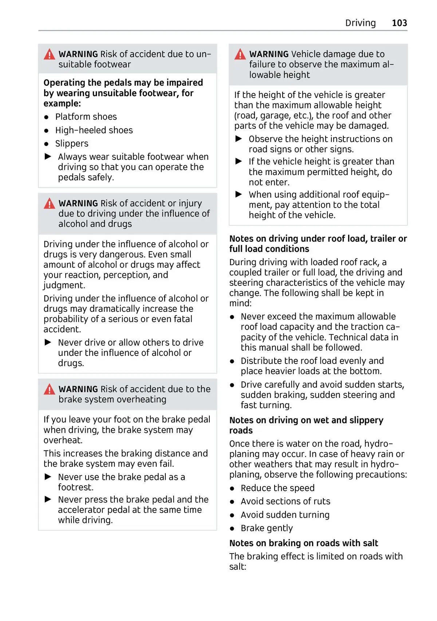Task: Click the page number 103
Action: [x=399, y=23]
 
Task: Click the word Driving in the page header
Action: [x=360, y=23]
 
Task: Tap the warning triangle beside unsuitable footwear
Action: [x=49, y=55]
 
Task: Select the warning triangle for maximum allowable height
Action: [x=240, y=55]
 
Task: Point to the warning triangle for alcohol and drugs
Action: [x=49, y=204]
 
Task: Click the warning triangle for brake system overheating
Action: [x=49, y=390]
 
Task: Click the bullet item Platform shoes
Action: [x=86, y=117]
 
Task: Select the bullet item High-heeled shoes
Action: [x=94, y=130]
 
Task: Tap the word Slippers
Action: [x=72, y=144]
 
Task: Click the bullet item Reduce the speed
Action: [x=277, y=488]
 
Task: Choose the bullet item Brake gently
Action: [x=267, y=528]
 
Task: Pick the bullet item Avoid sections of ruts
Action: [x=285, y=501]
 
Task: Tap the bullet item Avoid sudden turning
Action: [x=285, y=515]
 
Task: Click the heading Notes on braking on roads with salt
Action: [x=303, y=543]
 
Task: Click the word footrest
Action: [x=76, y=487]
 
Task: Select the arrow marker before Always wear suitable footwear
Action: [x=48, y=157]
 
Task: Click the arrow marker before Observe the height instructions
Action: [x=239, y=139]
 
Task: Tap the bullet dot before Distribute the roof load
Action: [x=232, y=361]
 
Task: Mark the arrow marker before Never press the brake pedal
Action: [x=48, y=499]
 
